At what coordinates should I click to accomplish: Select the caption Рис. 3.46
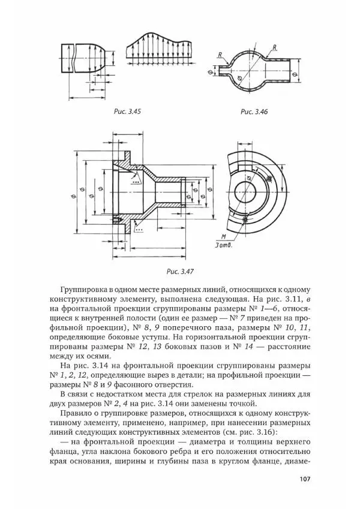(254, 112)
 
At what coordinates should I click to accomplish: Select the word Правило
(79, 413)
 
